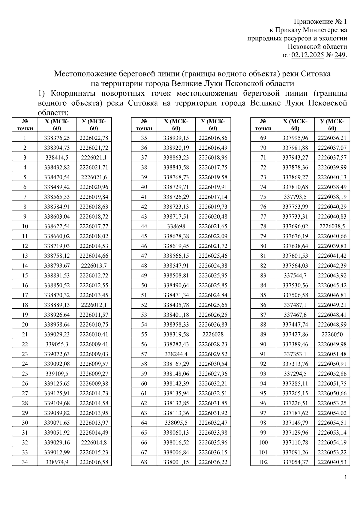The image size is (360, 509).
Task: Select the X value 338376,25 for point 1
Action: [x=57, y=138]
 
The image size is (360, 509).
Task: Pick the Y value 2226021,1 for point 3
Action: [x=94, y=158]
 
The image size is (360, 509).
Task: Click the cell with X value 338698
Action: [x=176, y=226]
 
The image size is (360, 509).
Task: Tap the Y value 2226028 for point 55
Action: [x=213, y=334]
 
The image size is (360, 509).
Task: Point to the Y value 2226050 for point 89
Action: [x=332, y=334]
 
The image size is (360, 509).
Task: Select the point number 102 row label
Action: [x=263, y=462]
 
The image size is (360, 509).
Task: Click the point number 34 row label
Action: [x=25, y=462]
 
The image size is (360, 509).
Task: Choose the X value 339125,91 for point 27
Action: [x=57, y=393]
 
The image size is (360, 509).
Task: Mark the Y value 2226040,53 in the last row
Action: [x=332, y=462]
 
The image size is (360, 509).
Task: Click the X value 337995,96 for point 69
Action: [x=295, y=138]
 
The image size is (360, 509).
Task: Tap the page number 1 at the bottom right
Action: [x=346, y=478]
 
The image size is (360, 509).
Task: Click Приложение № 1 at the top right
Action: [x=320, y=22]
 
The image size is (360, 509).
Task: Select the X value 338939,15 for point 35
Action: [x=176, y=138]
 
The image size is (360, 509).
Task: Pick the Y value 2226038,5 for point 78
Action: [x=332, y=226]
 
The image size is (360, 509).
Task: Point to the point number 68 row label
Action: [x=144, y=462]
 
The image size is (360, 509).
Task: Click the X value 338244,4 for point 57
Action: [x=176, y=354]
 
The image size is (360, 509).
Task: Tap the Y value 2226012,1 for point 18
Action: [x=94, y=305]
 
